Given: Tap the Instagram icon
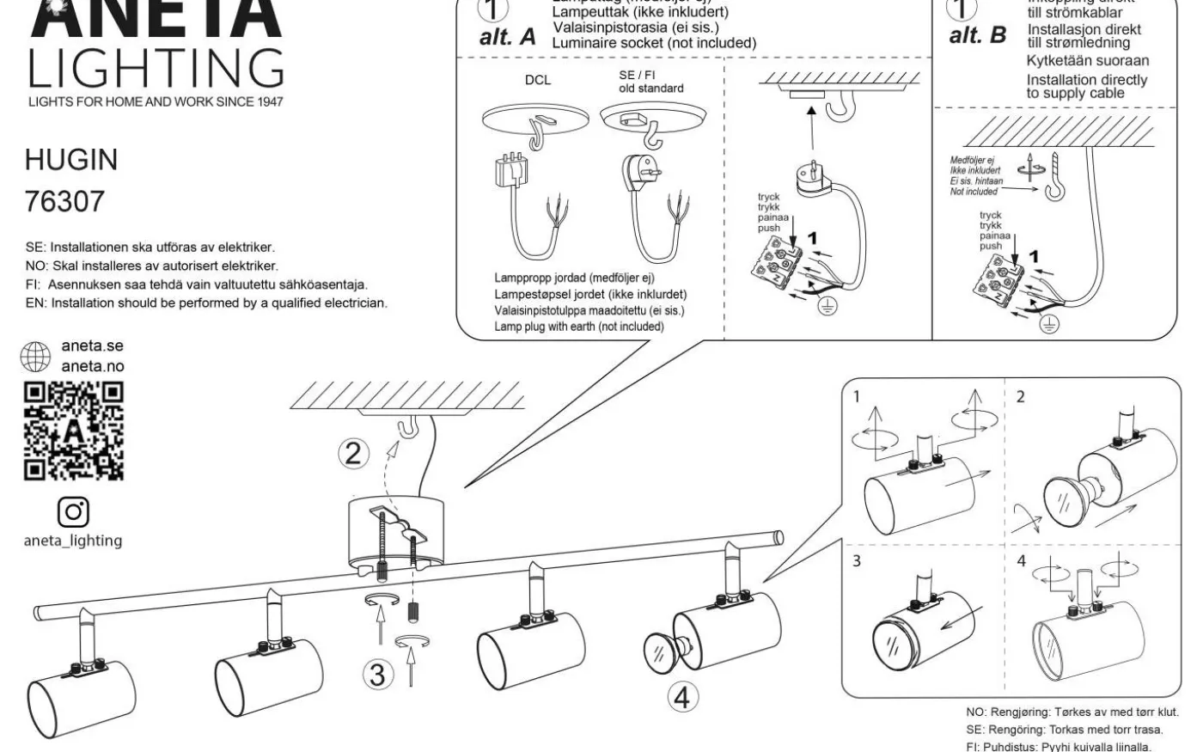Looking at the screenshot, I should click(x=73, y=511).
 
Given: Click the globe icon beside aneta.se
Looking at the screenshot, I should click(x=36, y=357).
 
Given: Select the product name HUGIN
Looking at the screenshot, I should click(x=71, y=160).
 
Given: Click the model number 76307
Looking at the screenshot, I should click(x=65, y=202).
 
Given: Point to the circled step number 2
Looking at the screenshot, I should click(x=352, y=453).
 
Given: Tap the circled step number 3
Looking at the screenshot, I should click(x=377, y=675).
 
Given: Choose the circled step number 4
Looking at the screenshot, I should click(x=681, y=697).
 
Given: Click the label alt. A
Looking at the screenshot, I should click(x=507, y=37).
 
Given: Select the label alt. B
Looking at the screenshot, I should click(x=978, y=36).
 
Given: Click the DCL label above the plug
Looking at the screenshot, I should click(x=538, y=81).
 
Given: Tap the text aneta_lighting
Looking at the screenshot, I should click(x=73, y=541).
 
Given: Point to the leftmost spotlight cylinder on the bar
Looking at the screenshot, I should click(x=82, y=695).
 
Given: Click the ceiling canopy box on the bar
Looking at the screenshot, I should click(x=394, y=533).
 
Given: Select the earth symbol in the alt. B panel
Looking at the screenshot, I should click(x=1050, y=323).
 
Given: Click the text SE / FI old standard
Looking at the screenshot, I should click(x=650, y=82).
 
